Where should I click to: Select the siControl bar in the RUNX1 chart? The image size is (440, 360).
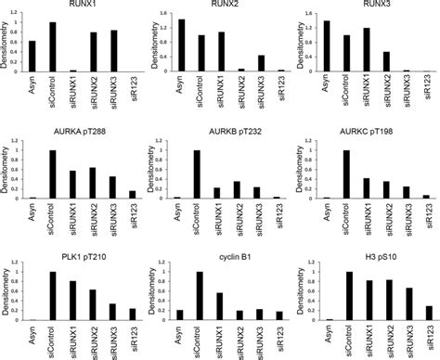52,47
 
